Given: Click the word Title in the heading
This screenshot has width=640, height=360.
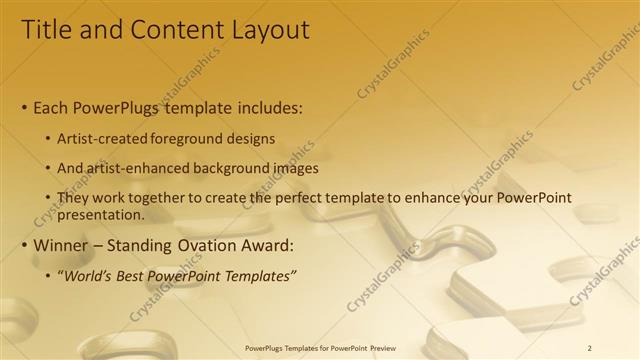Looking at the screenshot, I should pos(45,31).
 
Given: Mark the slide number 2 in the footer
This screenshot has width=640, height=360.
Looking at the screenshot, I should pos(590,347).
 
